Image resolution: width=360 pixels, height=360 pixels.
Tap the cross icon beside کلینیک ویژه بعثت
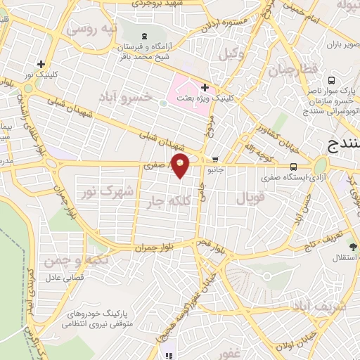click(x=205, y=88)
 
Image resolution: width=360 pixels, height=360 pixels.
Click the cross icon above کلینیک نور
click(x=41, y=64)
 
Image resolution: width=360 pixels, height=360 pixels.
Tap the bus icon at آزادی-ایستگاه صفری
click(x=293, y=167)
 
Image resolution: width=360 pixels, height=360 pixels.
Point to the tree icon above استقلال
click(x=352, y=247)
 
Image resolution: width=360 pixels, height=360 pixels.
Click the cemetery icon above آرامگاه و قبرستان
click(x=145, y=35)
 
